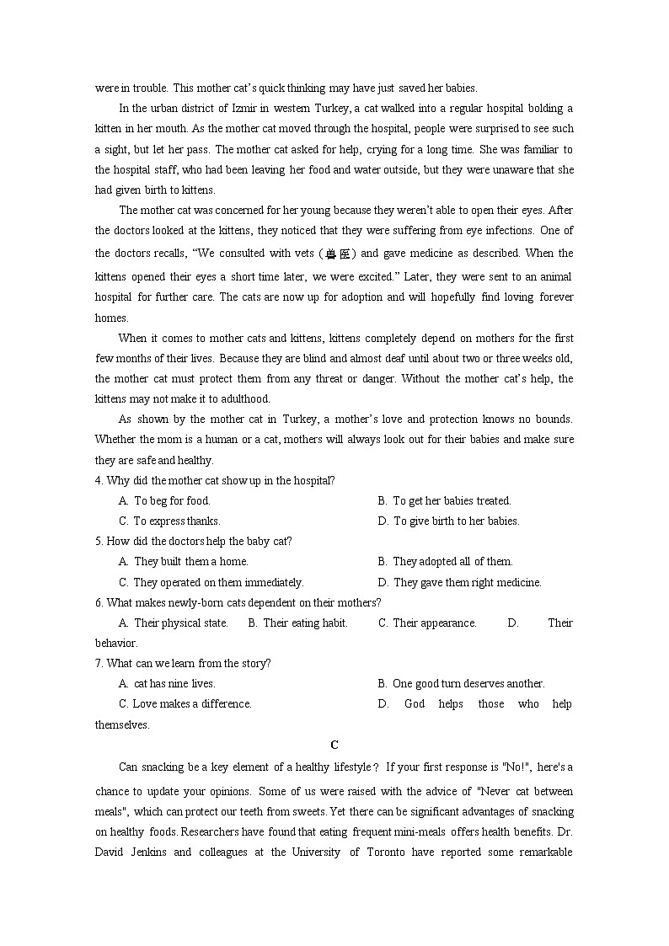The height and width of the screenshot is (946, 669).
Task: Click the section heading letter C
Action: point(334,745)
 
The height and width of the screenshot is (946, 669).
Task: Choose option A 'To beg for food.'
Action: point(165,500)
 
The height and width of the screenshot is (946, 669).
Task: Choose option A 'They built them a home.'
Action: point(184,561)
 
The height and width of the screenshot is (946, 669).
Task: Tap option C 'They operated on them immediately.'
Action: point(211,582)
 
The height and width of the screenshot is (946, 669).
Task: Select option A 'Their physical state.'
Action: point(174,623)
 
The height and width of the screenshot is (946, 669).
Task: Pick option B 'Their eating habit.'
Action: point(298,623)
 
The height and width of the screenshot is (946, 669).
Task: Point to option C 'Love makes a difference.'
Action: point(185,704)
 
